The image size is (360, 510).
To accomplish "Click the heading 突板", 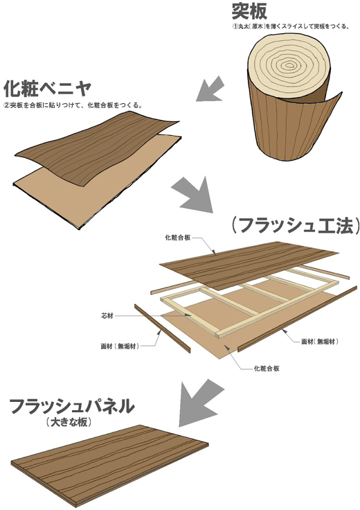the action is click(x=249, y=10).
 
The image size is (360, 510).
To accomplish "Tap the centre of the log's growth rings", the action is click(x=289, y=66).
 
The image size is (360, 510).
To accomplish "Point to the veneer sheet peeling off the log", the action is click(x=325, y=127).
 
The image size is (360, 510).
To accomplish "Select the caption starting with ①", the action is click(x=291, y=27).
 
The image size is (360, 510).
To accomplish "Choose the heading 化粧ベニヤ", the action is click(x=47, y=88).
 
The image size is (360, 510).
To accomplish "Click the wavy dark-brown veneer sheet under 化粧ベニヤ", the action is click(x=98, y=148).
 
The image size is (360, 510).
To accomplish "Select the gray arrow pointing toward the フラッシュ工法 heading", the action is click(x=192, y=194).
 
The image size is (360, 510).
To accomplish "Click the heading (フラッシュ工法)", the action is click(x=296, y=225).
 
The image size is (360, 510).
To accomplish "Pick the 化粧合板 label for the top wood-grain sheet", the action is click(x=177, y=238).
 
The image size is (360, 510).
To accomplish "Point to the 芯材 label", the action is click(x=107, y=315).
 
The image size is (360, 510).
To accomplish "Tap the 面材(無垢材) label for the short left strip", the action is click(x=120, y=346).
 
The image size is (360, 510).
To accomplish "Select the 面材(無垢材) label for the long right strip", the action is click(x=320, y=342).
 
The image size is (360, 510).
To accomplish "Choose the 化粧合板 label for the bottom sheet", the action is click(x=267, y=369).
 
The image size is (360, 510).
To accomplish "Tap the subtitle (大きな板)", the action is click(x=69, y=422).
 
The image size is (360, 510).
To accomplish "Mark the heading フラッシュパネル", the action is click(x=72, y=406).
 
